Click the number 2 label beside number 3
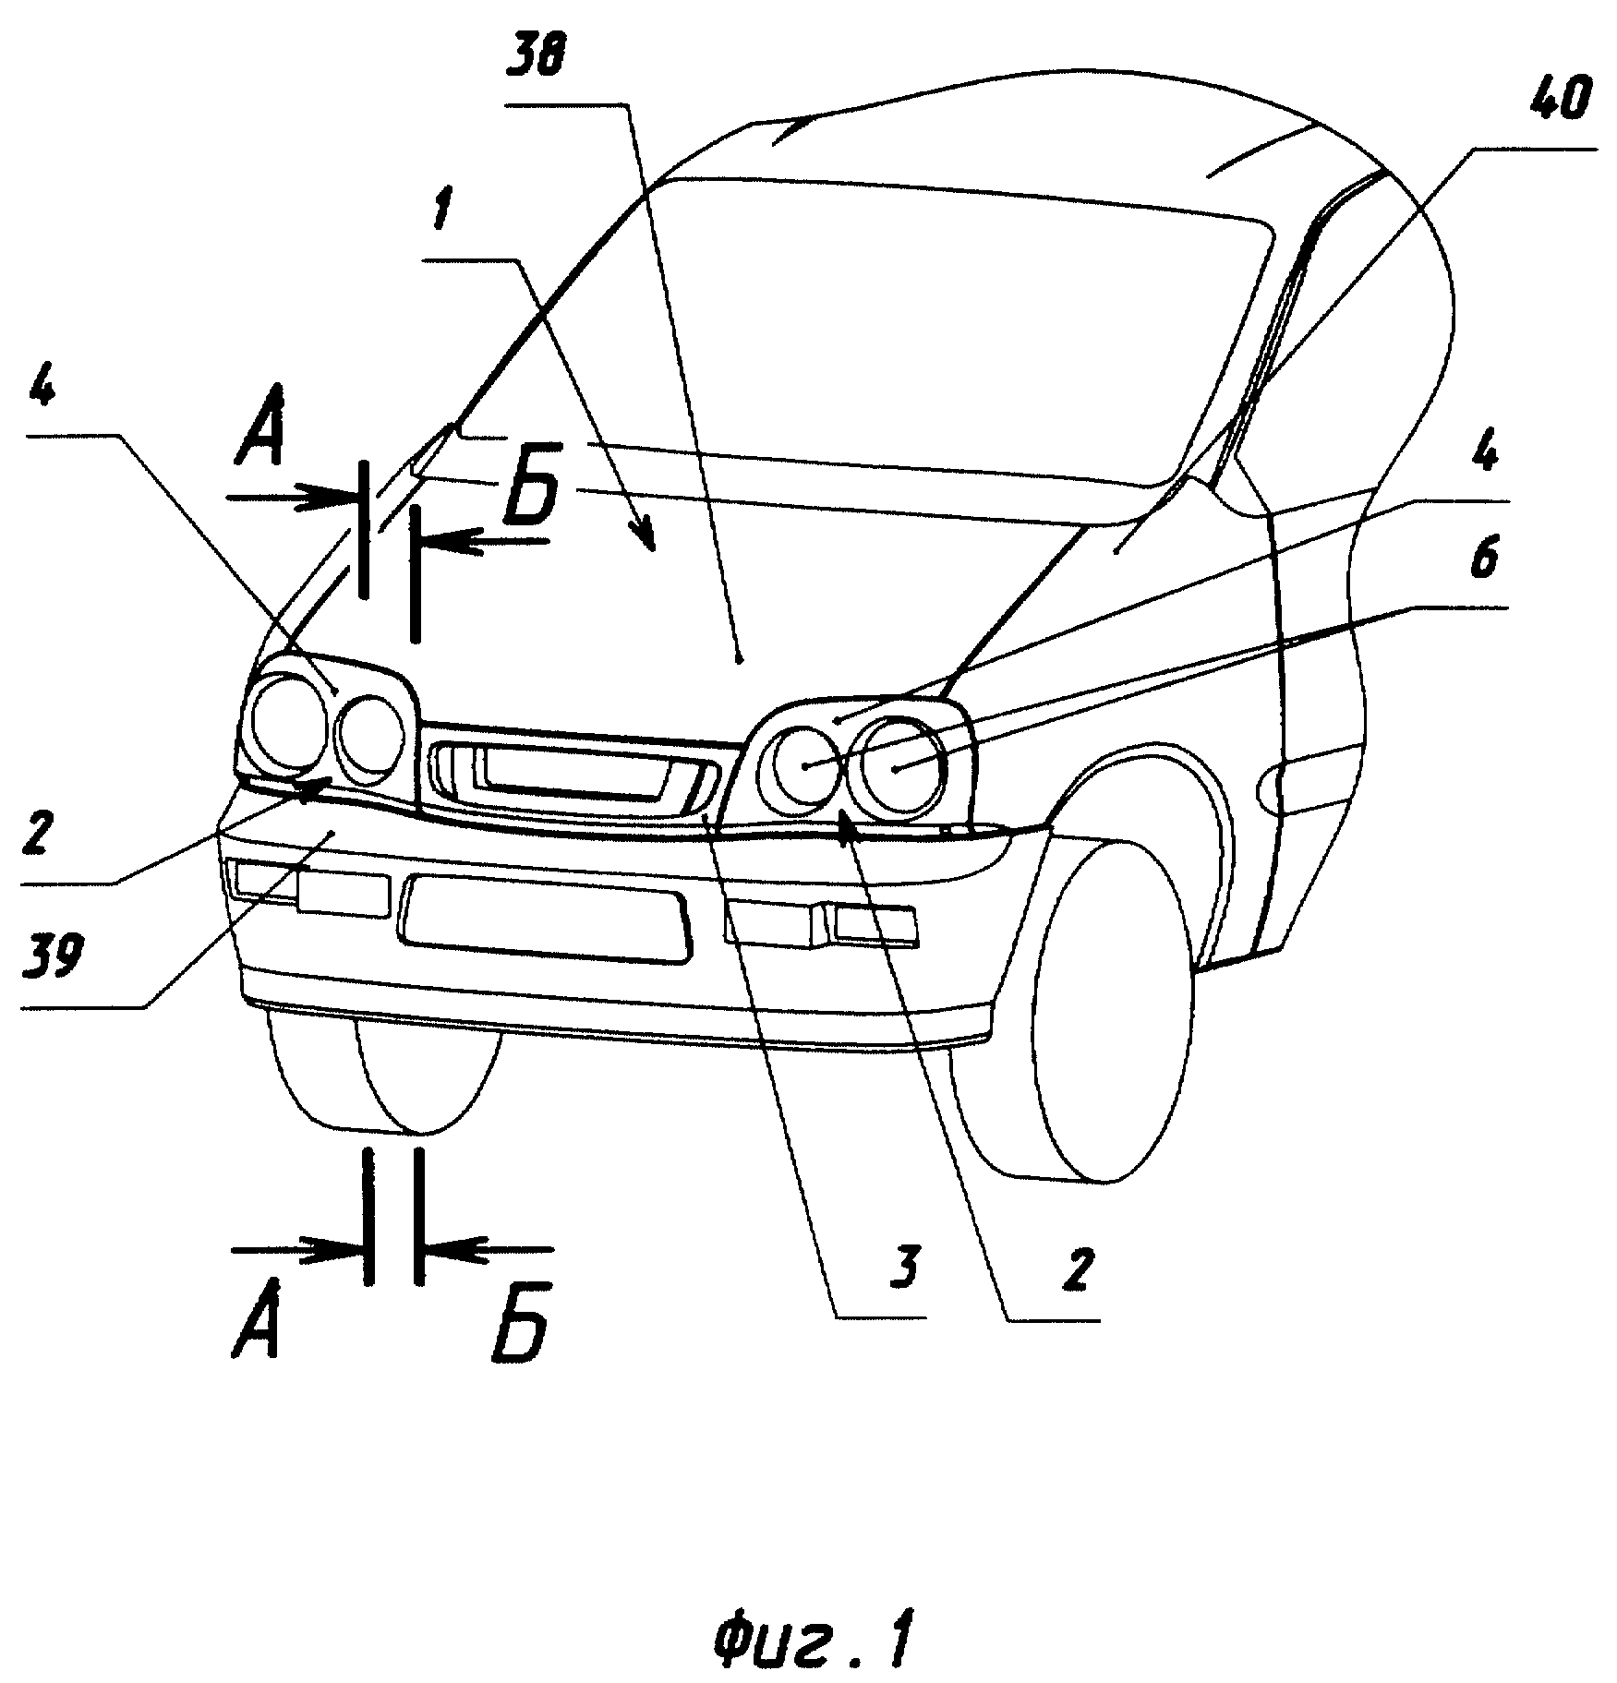(x=1076, y=1272)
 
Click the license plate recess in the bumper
(x=544, y=920)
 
